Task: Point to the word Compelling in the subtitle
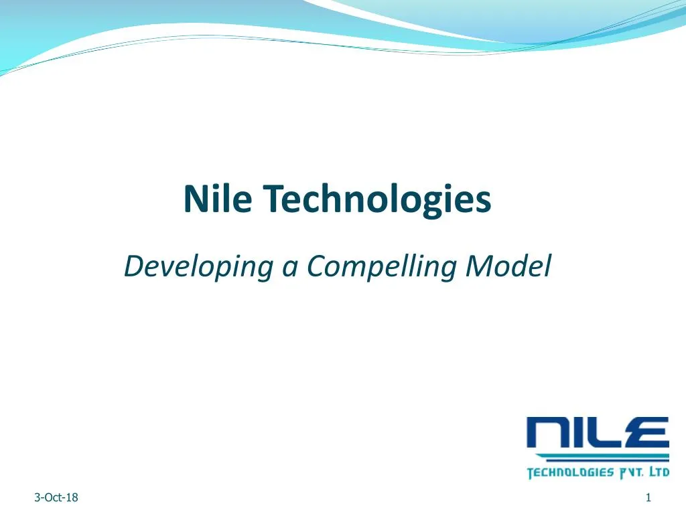tap(383, 268)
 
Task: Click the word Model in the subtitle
tap(509, 266)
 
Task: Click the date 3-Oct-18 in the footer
tap(56, 497)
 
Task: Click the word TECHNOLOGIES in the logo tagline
tap(570, 473)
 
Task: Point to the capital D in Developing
tap(133, 266)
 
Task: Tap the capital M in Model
tap(478, 266)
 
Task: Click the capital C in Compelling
tap(316, 266)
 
